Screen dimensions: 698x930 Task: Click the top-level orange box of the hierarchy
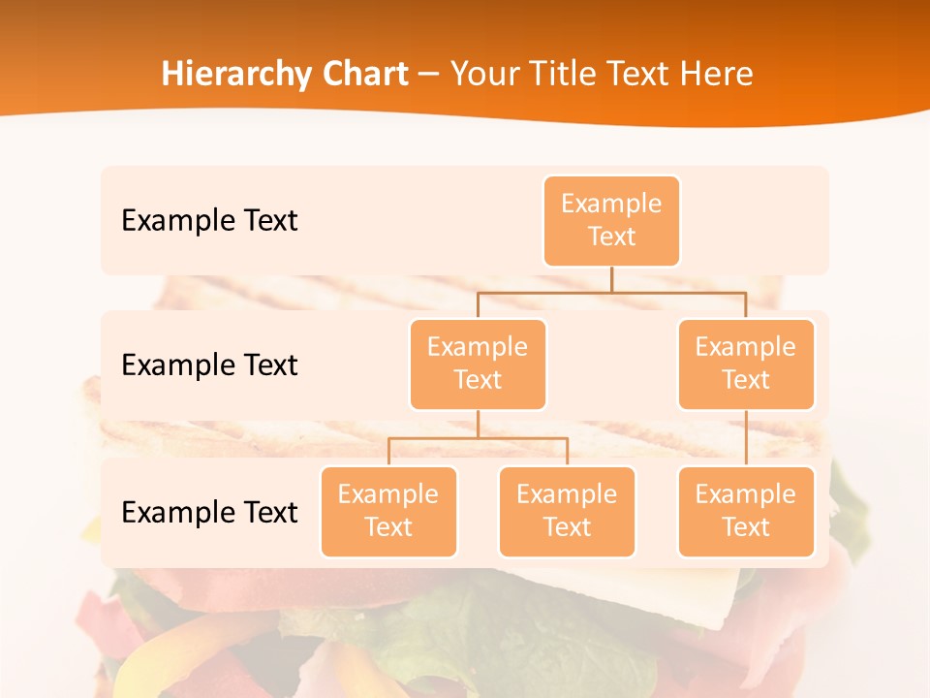(x=611, y=221)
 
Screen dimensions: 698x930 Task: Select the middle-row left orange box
(x=478, y=365)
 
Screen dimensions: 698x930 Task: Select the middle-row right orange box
(x=746, y=365)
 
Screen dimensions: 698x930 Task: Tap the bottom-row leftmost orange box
(x=388, y=512)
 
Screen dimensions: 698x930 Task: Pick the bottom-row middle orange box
(x=567, y=512)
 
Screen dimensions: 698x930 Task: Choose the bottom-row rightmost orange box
(x=746, y=512)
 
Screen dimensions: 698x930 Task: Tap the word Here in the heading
(x=718, y=75)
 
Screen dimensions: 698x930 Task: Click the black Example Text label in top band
(x=209, y=221)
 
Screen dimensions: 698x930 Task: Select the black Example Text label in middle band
(x=209, y=365)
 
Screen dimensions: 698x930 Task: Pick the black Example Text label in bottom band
(x=209, y=512)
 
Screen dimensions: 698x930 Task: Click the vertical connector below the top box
(x=611, y=279)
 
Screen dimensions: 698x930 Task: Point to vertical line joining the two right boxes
(x=746, y=438)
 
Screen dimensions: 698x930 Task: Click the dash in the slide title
(x=429, y=75)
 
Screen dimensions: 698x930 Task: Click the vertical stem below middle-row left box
(x=478, y=424)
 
